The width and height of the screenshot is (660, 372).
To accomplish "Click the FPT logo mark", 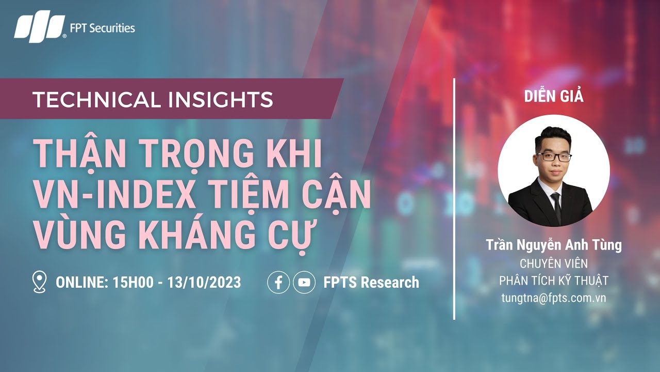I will click(40, 28).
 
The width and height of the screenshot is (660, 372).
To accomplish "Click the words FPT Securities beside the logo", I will click(102, 28).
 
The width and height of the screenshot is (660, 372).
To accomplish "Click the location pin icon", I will click(39, 283).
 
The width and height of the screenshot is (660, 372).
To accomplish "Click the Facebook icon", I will click(278, 283).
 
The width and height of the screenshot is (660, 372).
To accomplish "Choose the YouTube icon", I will click(304, 283).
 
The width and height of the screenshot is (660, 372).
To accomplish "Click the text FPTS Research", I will click(371, 283).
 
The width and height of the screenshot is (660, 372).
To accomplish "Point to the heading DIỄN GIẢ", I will click(554, 96).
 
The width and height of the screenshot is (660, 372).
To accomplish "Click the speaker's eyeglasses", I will click(554, 157).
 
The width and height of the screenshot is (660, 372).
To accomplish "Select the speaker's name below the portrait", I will click(554, 245).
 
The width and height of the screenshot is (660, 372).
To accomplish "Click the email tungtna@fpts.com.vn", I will click(554, 298).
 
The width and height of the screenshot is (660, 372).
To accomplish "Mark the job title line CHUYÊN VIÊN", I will click(554, 263).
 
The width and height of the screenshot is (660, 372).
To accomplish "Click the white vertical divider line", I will click(454, 199).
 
